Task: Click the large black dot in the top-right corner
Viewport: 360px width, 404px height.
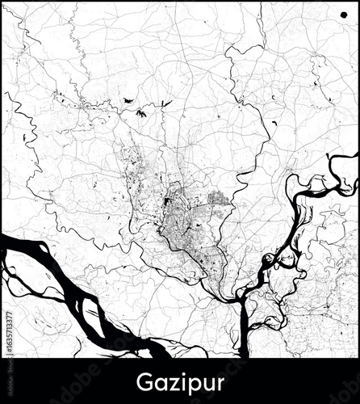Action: coord(332,15)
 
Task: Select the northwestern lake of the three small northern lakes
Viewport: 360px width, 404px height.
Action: coord(128,99)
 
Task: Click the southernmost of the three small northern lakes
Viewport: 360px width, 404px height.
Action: coord(141,114)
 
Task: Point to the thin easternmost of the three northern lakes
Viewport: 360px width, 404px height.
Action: coord(167,103)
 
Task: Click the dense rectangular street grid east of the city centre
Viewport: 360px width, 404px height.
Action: coord(218,197)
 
